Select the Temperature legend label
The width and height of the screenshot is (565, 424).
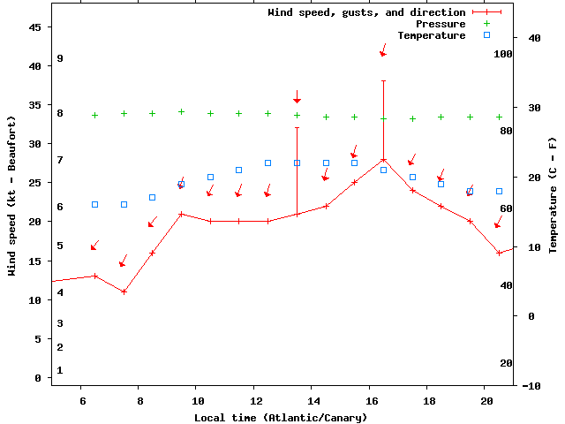click(x=431, y=35)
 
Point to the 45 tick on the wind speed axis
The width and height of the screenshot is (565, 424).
click(x=35, y=27)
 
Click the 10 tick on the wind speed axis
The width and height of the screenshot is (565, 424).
click(x=35, y=300)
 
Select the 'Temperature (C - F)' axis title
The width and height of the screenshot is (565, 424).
click(x=553, y=195)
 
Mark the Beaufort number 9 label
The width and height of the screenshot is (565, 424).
click(x=60, y=58)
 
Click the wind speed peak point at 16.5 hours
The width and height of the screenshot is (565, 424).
click(x=383, y=160)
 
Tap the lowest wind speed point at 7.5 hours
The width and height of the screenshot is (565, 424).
click(x=124, y=291)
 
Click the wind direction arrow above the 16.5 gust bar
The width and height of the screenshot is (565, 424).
click(x=383, y=50)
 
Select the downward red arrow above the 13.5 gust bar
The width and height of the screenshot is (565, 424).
click(x=298, y=97)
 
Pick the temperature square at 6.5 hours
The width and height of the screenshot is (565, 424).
click(x=94, y=204)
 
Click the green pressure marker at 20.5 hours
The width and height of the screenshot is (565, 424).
click(x=499, y=117)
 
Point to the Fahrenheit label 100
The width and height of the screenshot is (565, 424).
click(x=503, y=54)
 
